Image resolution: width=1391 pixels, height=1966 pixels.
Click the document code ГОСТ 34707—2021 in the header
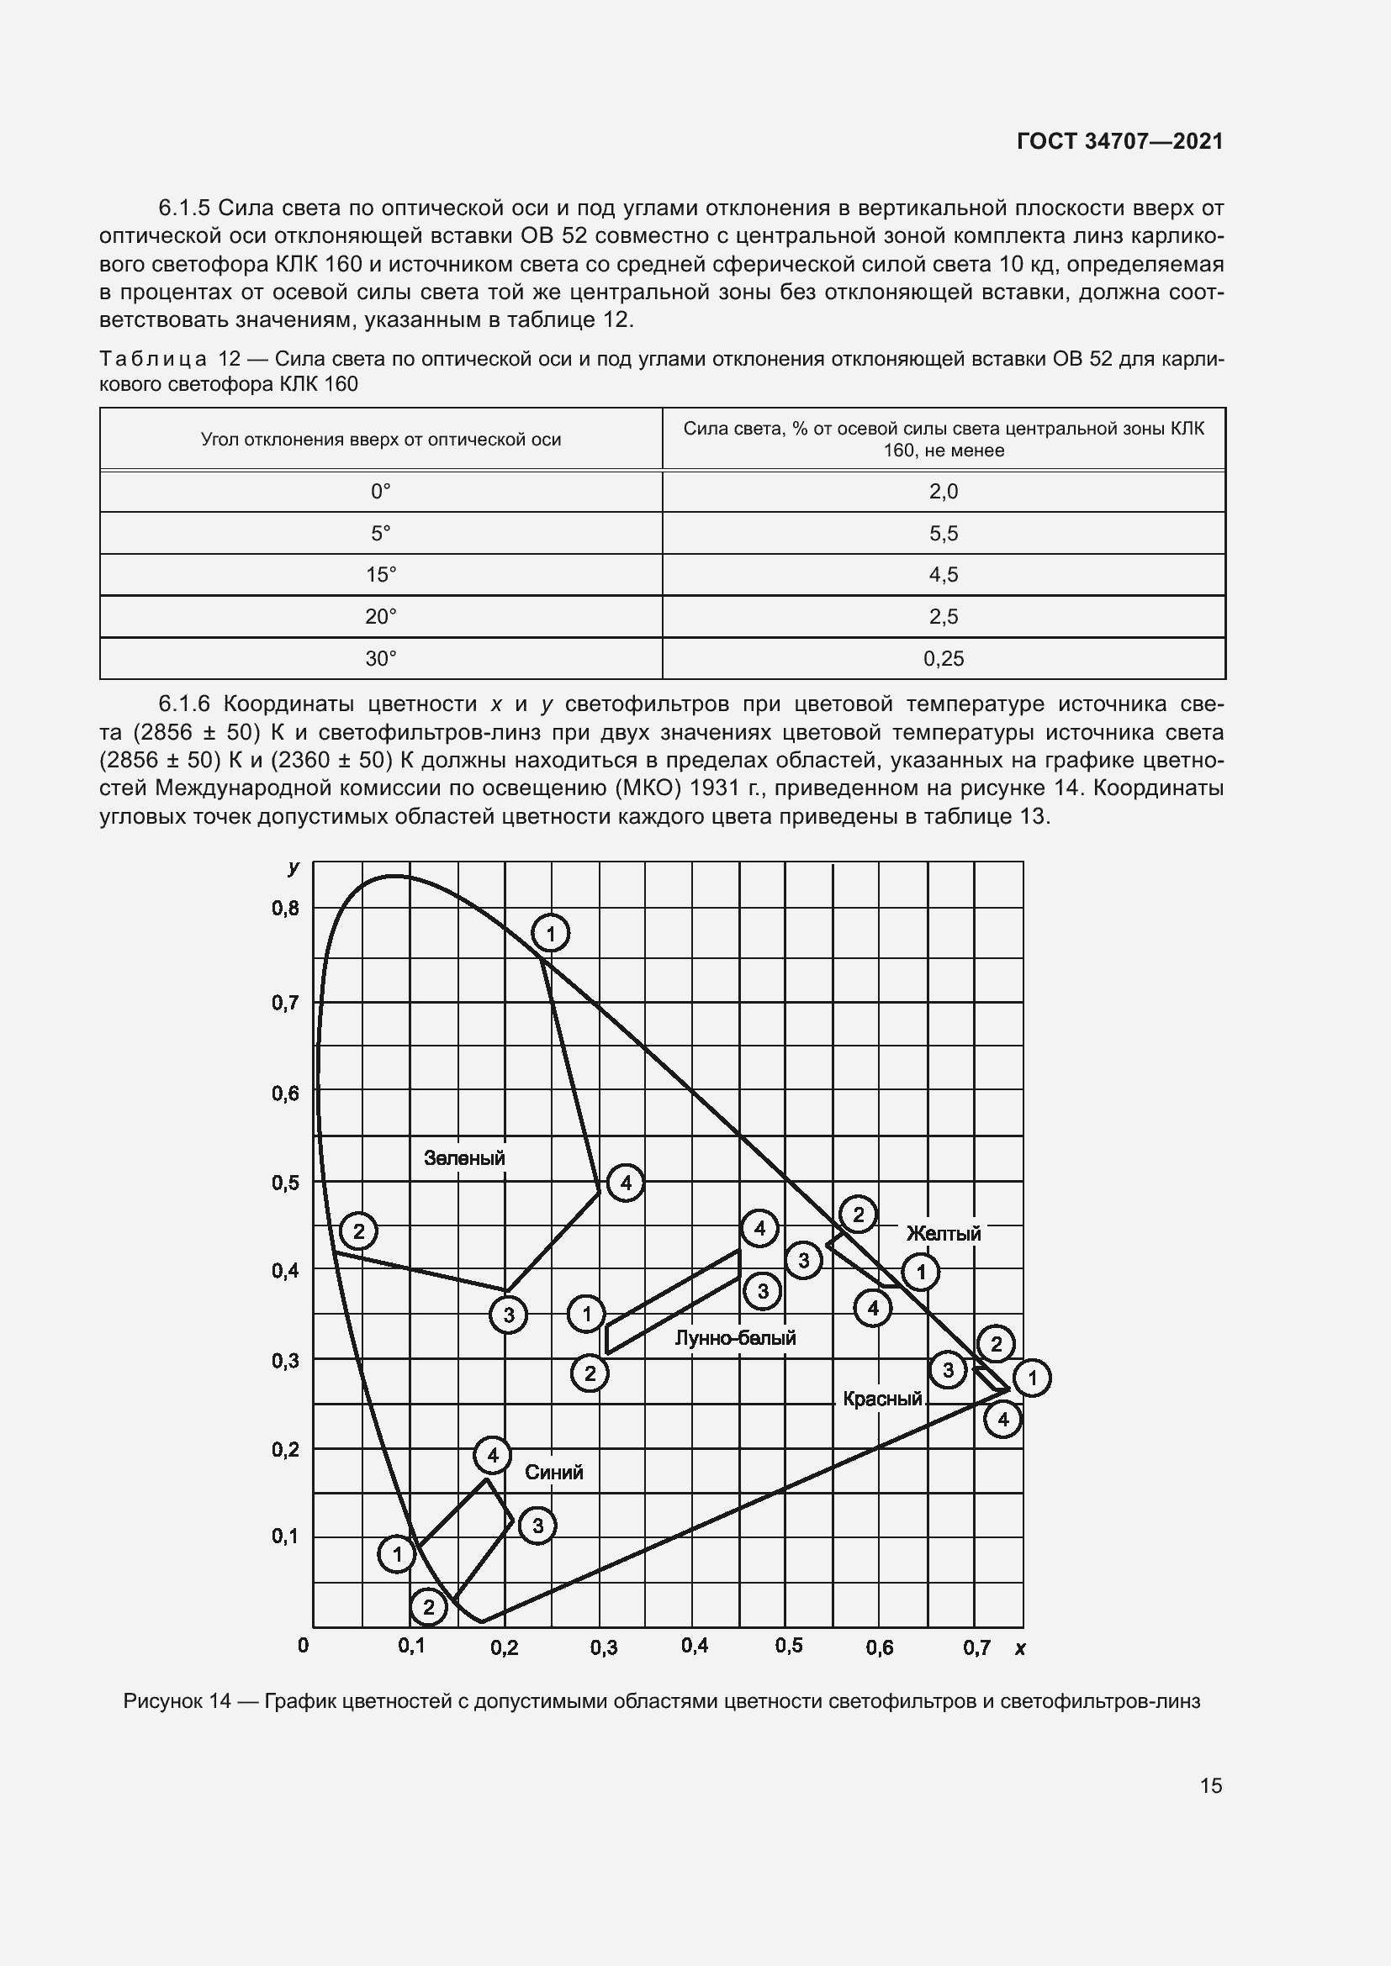pyautogui.click(x=1119, y=141)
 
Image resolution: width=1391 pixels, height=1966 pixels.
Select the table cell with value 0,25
pyautogui.click(x=943, y=658)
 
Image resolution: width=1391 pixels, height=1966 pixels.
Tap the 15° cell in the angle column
pyautogui.click(x=381, y=575)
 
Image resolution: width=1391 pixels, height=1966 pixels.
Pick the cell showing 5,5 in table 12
pyautogui.click(x=943, y=534)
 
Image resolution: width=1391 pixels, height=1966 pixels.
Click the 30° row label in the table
pyautogui.click(x=381, y=658)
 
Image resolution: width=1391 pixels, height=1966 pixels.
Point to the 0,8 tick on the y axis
pyautogui.click(x=286, y=909)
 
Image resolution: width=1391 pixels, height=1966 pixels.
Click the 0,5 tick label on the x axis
pyautogui.click(x=788, y=1646)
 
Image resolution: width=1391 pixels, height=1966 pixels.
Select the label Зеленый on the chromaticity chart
pyautogui.click(x=464, y=1158)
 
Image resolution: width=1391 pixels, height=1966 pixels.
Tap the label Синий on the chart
pyautogui.click(x=553, y=1472)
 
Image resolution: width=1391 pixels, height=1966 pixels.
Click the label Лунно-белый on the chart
pyautogui.click(x=735, y=1337)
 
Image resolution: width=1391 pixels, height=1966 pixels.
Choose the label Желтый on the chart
pyautogui.click(x=943, y=1233)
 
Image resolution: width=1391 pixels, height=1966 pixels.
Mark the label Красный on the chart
pyautogui.click(x=882, y=1399)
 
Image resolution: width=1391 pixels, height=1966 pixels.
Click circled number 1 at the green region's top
pyautogui.click(x=551, y=933)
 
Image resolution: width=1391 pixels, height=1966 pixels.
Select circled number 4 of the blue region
pyautogui.click(x=493, y=1455)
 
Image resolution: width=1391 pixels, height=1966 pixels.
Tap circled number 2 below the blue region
pyautogui.click(x=429, y=1607)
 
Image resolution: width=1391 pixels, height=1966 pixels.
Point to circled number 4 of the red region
pyautogui.click(x=1002, y=1420)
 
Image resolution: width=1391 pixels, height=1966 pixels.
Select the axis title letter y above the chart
pyautogui.click(x=294, y=867)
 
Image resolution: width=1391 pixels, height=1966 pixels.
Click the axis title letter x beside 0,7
pyautogui.click(x=1019, y=1647)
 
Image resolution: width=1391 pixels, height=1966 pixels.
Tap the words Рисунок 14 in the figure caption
pyautogui.click(x=177, y=1700)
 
